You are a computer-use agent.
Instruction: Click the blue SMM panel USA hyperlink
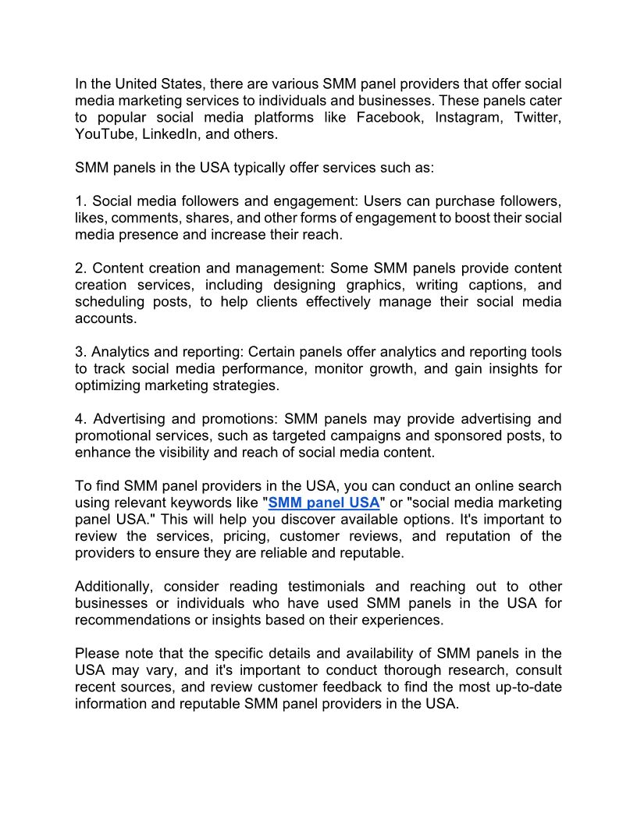[324, 503]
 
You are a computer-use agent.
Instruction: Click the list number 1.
[79, 201]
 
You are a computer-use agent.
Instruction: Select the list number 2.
[80, 268]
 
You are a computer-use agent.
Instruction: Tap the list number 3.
[80, 352]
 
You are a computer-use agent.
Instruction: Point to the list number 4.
[80, 419]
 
